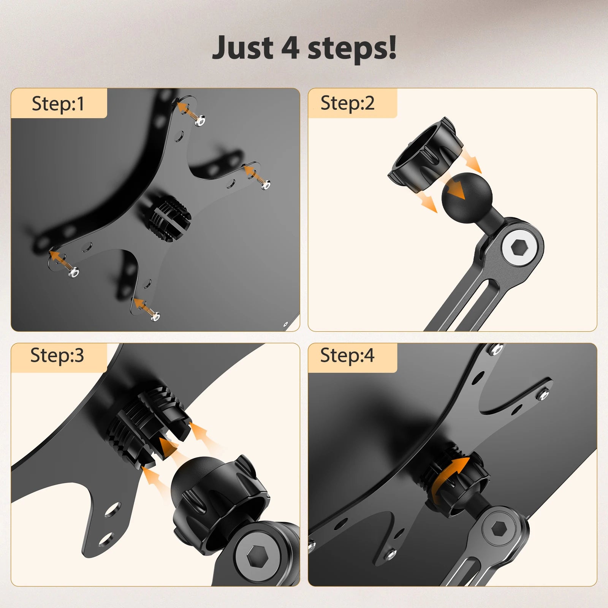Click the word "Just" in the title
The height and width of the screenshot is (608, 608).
pyautogui.click(x=242, y=48)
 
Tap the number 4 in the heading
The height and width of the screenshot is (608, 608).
pyautogui.click(x=290, y=48)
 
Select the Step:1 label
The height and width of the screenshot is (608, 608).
pyautogui.click(x=58, y=103)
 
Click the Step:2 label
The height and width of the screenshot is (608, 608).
pyautogui.click(x=347, y=103)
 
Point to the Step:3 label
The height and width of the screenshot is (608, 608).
pyautogui.click(x=57, y=355)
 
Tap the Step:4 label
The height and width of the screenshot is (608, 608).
pyautogui.click(x=347, y=355)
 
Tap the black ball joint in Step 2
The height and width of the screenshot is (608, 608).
pyautogui.click(x=466, y=195)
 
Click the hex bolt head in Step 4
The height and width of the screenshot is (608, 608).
pyautogui.click(x=498, y=529)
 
